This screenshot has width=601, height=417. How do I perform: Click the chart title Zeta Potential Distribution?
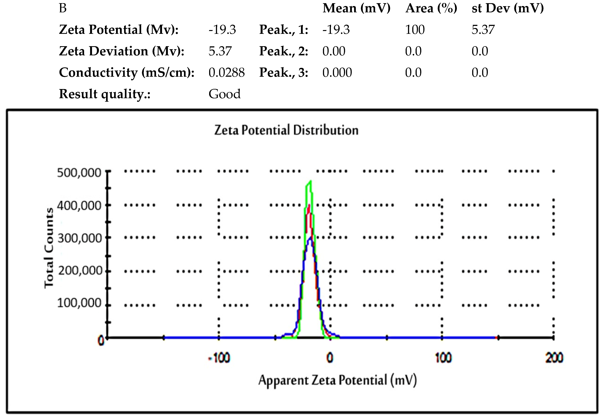coord(286,130)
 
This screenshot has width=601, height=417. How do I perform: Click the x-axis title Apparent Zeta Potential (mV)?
coord(337,380)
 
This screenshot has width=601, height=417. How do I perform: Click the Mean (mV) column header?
coord(356,8)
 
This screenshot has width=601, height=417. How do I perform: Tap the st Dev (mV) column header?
coord(507,8)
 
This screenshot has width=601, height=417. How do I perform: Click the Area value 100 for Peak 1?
coord(415,30)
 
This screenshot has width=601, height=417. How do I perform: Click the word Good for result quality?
coord(224,94)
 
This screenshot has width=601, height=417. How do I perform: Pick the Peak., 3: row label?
coord(284,73)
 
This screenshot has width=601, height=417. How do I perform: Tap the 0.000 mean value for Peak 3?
coord(337,73)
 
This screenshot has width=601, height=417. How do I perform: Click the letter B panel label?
coord(63,8)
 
